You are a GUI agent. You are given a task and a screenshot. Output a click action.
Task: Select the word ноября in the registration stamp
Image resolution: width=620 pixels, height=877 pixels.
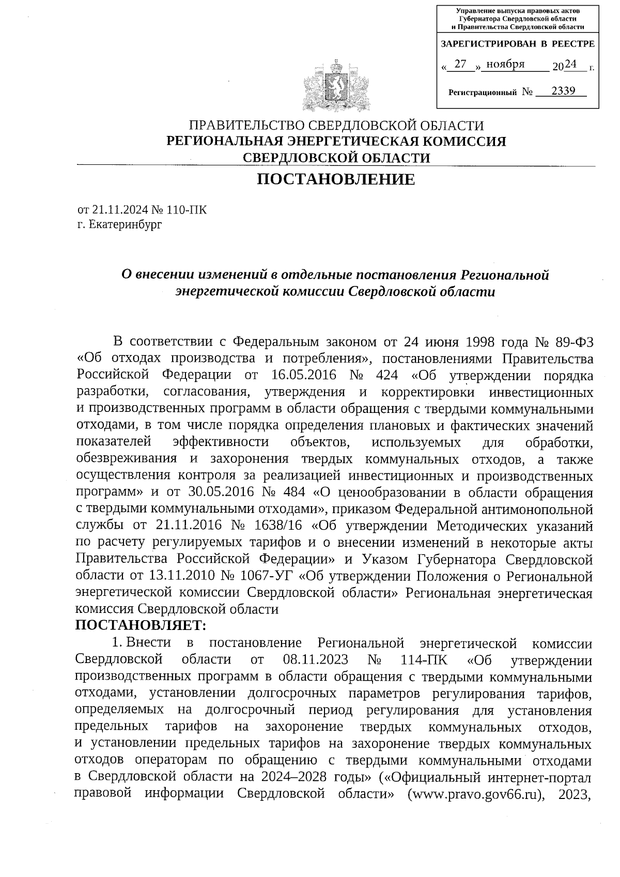tap(506, 64)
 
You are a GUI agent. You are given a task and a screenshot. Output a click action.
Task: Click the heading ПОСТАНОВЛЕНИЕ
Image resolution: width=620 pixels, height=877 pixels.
tap(336, 180)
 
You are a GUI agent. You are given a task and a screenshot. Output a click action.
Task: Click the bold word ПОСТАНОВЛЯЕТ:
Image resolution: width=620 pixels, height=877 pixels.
tap(141, 626)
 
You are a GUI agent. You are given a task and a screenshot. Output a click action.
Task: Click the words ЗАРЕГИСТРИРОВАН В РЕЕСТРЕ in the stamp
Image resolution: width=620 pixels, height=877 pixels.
tap(517, 44)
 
